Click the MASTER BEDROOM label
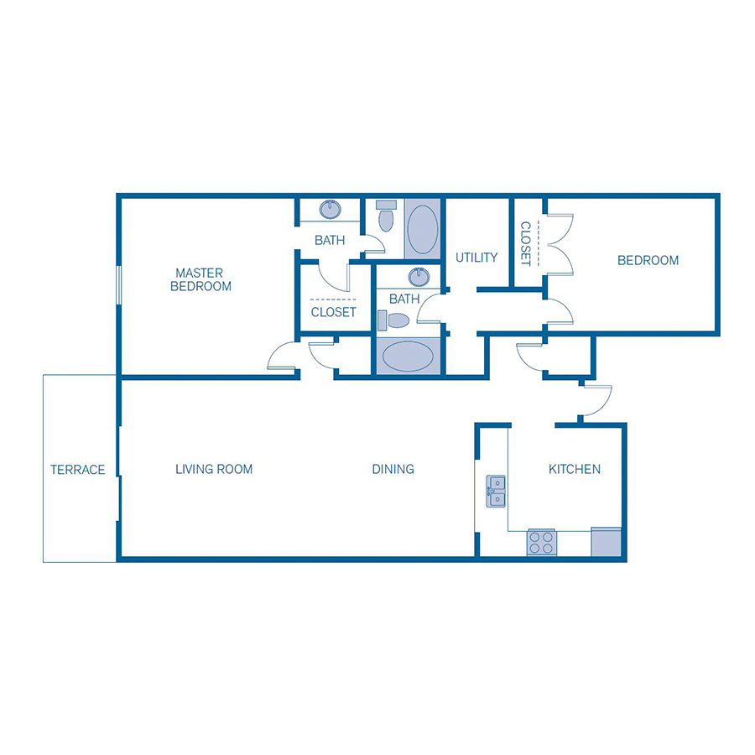[200, 279]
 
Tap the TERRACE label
[77, 470]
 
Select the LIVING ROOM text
[214, 469]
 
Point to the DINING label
[393, 469]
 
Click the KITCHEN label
[575, 469]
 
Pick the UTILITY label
[476, 258]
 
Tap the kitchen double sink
[496, 491]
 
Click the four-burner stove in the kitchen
[542, 543]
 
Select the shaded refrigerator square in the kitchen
[606, 542]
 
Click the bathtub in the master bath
[422, 229]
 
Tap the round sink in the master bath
[331, 210]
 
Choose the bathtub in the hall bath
[408, 357]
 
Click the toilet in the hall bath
[393, 320]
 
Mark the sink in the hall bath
[419, 277]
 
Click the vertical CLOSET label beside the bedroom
[526, 243]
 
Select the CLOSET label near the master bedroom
[334, 313]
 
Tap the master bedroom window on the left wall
[119, 285]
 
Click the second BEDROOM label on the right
[648, 261]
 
